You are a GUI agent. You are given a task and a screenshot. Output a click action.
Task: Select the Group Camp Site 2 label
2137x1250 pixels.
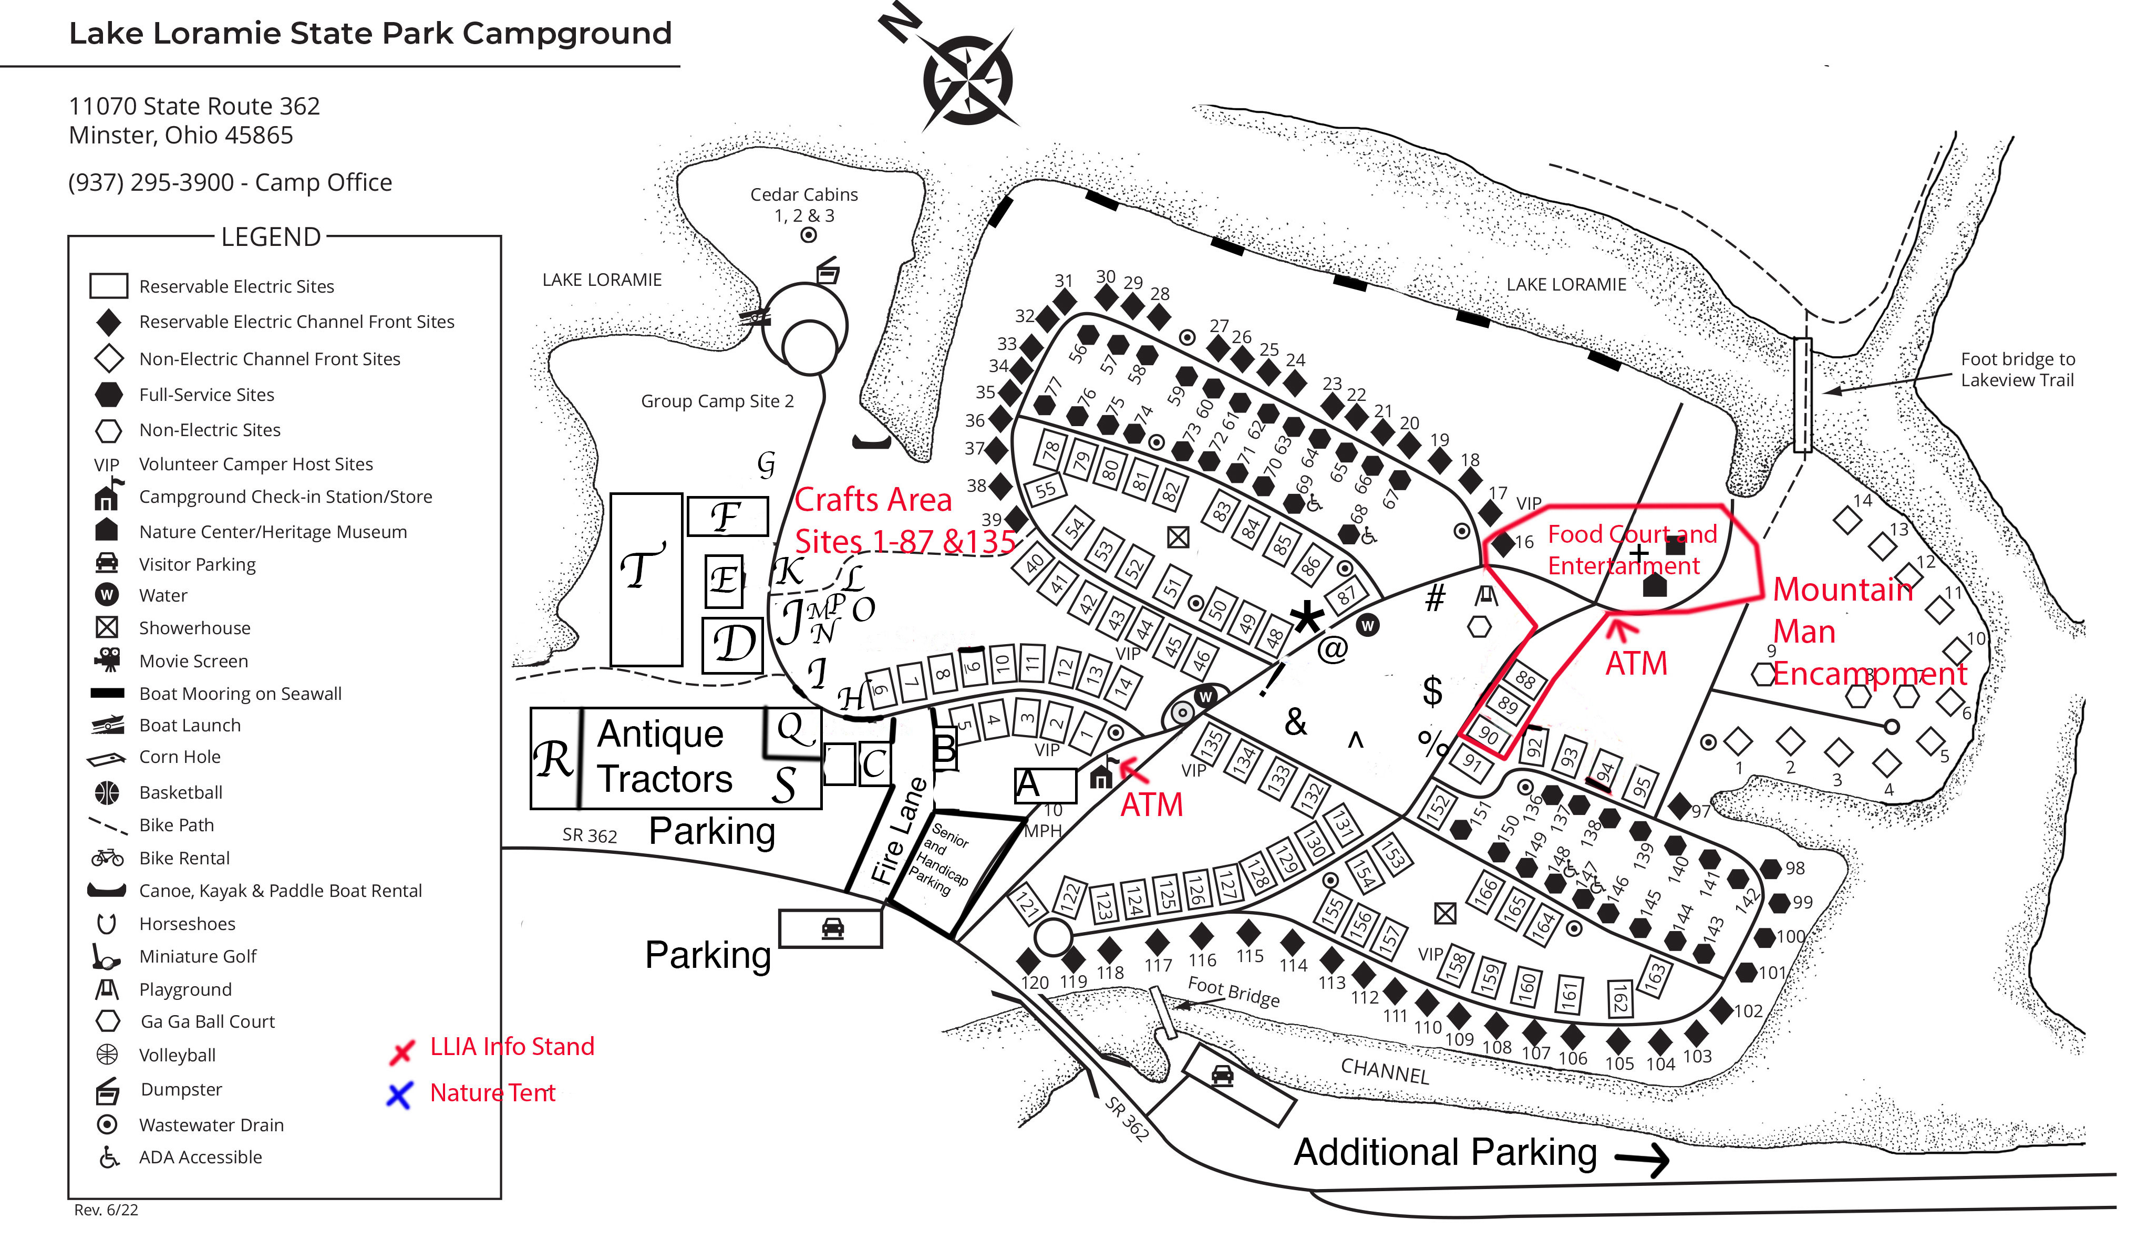717,401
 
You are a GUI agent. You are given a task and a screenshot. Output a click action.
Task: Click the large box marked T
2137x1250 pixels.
646,579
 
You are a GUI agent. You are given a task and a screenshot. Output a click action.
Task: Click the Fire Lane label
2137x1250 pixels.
899,831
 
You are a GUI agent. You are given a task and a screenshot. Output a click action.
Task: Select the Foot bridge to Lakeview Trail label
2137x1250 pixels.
2017,370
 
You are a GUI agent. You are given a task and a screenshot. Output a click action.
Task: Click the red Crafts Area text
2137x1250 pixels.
873,500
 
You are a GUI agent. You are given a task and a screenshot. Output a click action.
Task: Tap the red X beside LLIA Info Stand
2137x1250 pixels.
401,1051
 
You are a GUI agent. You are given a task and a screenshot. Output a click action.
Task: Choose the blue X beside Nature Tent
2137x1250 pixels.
399,1095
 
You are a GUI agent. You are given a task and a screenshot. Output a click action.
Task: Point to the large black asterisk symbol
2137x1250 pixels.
1307,618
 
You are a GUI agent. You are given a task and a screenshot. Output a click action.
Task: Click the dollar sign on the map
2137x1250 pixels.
1432,691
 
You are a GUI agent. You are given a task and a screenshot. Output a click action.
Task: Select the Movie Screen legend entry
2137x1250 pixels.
193,662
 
